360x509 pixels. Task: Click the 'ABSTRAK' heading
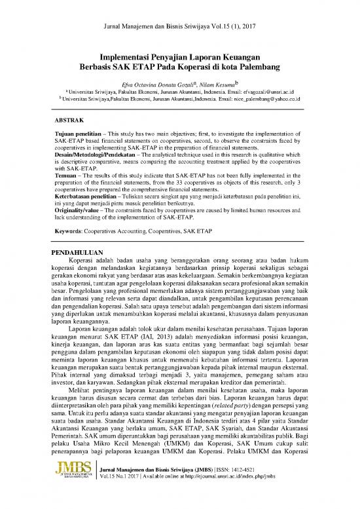tap(71, 121)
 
